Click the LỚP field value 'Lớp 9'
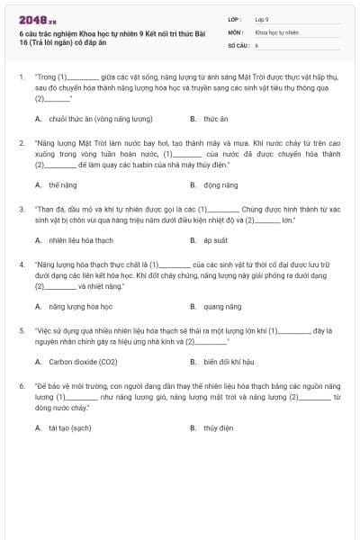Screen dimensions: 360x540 (x=262, y=19)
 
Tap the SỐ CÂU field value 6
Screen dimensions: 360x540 (x=256, y=44)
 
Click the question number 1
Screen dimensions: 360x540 (x=22, y=78)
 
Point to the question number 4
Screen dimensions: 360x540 (x=22, y=265)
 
